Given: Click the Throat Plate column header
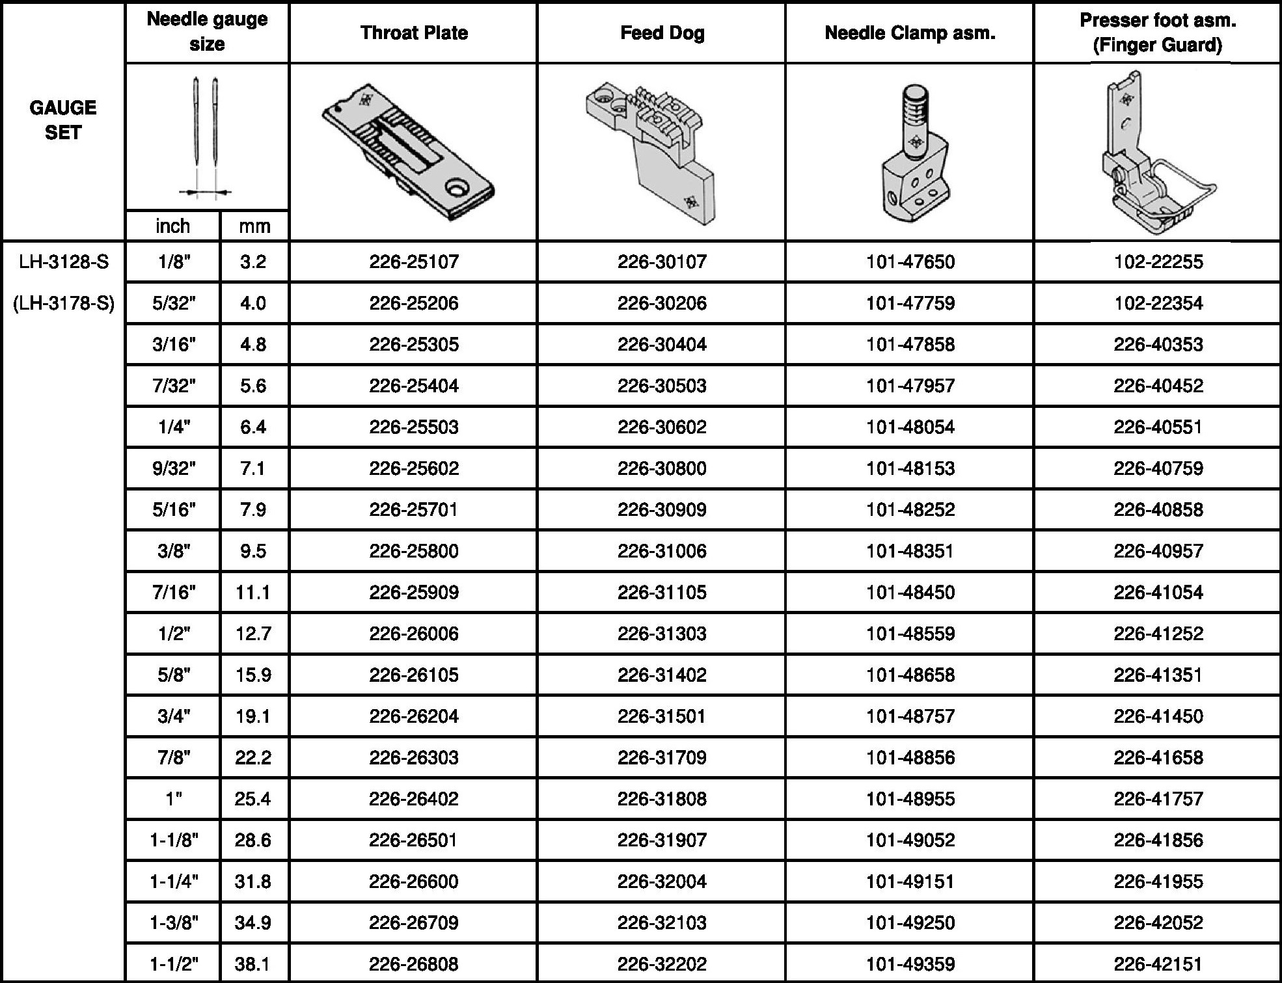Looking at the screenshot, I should point(414,33).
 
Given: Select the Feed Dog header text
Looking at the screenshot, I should point(662,33).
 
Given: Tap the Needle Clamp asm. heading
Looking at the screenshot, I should point(910,33).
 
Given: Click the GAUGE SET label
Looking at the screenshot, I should point(63,120).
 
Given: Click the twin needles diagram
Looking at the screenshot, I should point(206,137).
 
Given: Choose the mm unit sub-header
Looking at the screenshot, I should point(254,226).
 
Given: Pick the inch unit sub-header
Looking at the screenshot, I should point(173,226).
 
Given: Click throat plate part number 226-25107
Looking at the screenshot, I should point(414,262).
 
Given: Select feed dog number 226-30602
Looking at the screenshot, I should point(662,427).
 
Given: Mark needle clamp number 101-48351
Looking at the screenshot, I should point(910,551).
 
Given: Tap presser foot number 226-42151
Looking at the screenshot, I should point(1158,963).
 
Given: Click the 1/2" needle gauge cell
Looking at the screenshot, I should point(173,634).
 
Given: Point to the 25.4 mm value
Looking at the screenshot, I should point(253,799).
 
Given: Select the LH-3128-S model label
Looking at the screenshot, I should point(64,262).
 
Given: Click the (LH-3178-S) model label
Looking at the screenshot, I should point(64,303).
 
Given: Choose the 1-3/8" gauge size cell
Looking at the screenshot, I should point(173,922).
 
